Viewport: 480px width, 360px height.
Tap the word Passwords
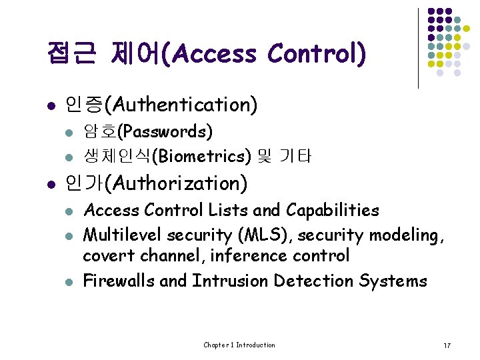(169, 131)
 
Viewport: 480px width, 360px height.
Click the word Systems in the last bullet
(393, 281)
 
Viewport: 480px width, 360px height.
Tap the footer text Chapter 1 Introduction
(239, 345)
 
